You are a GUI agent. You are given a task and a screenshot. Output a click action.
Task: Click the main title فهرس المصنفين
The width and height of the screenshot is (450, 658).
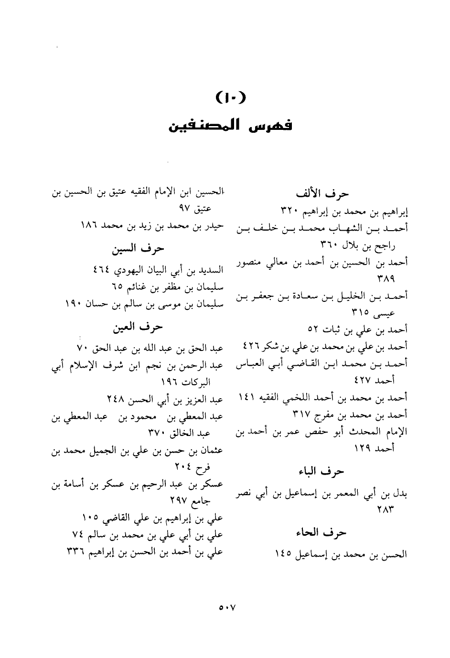coord(230,127)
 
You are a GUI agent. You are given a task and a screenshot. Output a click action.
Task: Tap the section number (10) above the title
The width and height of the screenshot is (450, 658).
coord(230,99)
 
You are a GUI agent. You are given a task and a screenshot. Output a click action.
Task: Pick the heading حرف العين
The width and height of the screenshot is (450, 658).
coord(138,327)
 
